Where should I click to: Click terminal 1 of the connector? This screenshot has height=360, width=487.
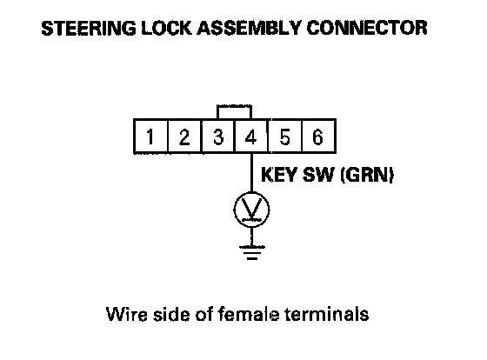click(150, 137)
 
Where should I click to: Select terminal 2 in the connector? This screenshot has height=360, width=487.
click(184, 137)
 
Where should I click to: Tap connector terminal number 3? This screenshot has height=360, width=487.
click(218, 137)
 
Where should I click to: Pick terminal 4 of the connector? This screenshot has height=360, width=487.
click(251, 137)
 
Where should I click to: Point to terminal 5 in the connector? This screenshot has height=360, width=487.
click(285, 137)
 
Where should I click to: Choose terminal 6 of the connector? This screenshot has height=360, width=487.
click(318, 137)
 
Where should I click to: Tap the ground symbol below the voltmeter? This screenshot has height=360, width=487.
click(252, 252)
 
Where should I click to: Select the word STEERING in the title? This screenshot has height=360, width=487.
click(89, 28)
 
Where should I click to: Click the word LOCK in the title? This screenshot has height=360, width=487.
click(166, 28)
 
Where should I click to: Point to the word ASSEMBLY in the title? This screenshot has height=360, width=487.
click(249, 28)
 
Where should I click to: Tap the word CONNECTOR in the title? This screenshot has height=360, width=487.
click(367, 28)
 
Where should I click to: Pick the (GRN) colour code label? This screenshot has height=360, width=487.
click(367, 175)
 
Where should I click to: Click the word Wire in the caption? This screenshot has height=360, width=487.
click(126, 314)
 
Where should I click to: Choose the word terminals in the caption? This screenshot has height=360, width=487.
click(327, 314)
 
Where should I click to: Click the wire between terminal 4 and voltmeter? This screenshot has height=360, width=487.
click(251, 173)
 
